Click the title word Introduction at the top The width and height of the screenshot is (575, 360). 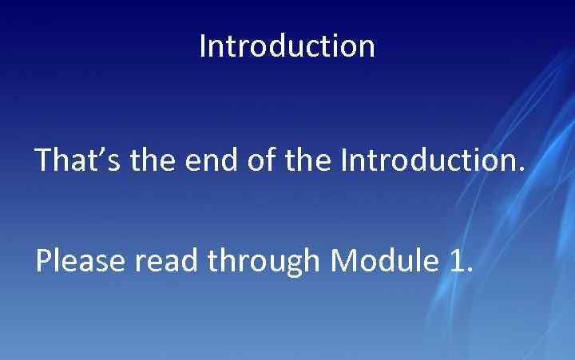(x=287, y=46)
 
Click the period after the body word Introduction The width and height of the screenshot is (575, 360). (x=522, y=170)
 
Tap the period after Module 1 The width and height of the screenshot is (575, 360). (x=469, y=271)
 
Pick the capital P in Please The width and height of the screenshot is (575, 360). (x=43, y=260)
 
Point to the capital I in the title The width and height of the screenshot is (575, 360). (x=203, y=46)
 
